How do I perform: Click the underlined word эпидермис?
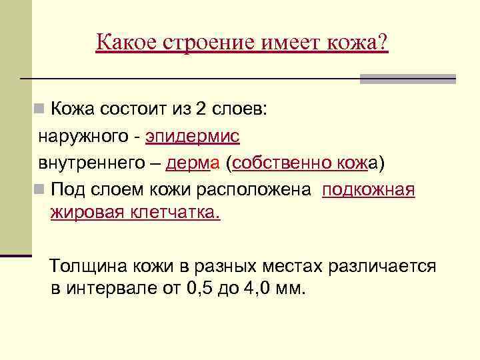pyautogui.click(x=193, y=137)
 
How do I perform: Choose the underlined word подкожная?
pyautogui.click(x=369, y=190)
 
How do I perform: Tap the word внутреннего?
pyautogui.click(x=91, y=163)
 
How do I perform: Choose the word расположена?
pyautogui.click(x=253, y=190)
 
